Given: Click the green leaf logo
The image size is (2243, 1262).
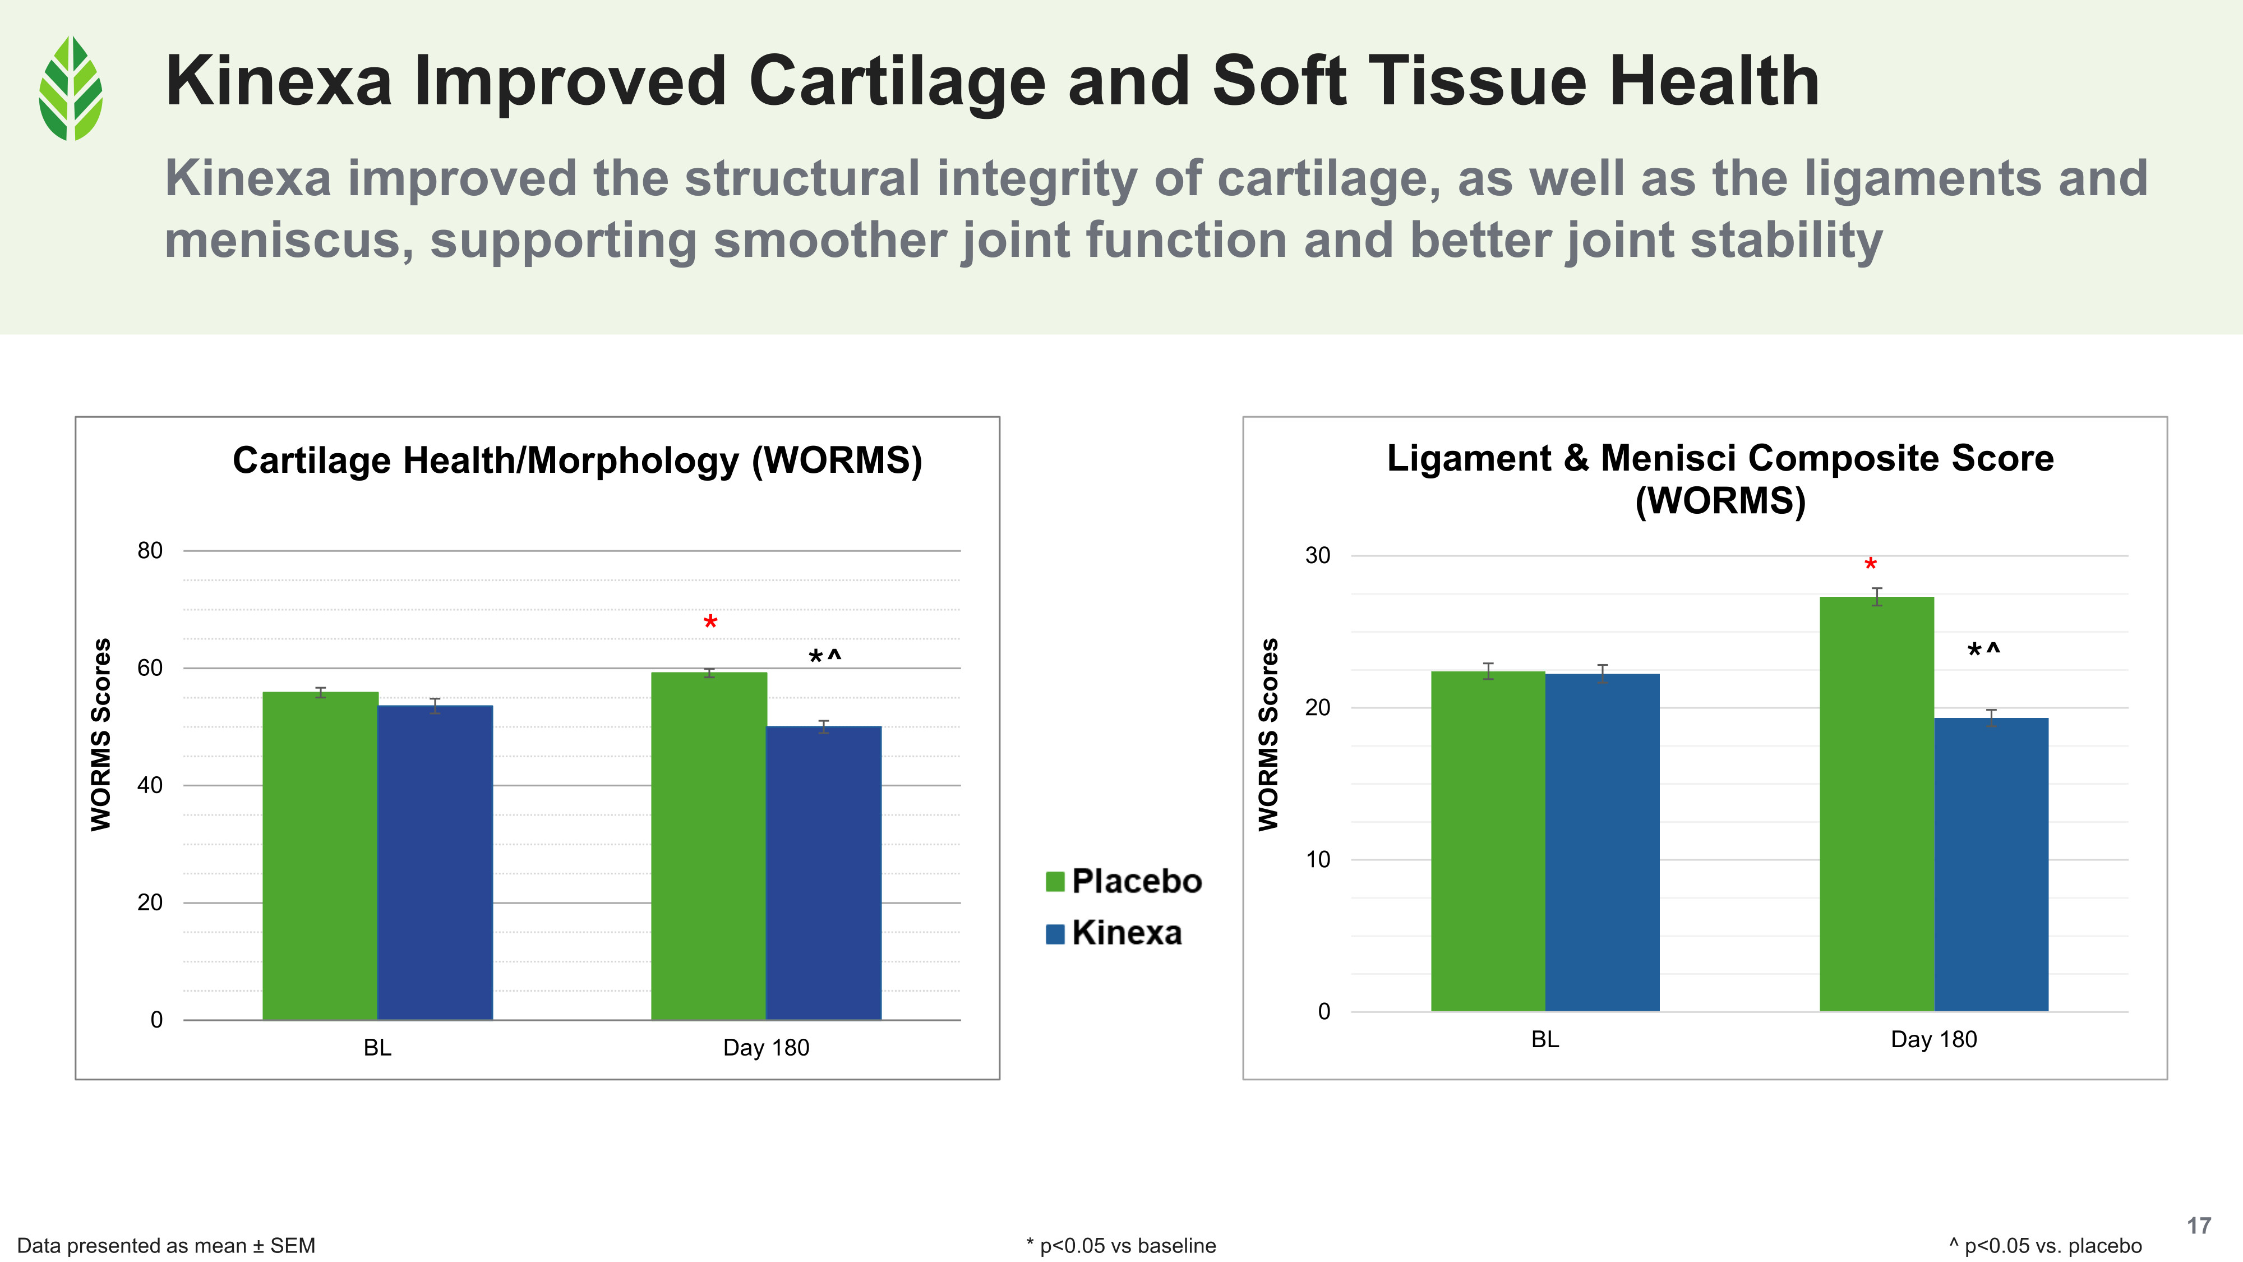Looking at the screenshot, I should point(71,88).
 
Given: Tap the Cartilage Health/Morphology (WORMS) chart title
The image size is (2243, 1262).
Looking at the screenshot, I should point(578,460).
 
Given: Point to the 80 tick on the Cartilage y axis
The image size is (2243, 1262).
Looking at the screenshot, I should point(150,550).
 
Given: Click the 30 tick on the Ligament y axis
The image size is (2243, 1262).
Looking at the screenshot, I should point(1317,556).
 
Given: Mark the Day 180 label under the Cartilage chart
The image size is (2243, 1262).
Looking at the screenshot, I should point(766,1048).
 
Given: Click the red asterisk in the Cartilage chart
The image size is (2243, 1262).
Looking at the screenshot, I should point(710,623).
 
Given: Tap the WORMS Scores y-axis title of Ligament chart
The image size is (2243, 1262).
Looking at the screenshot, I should point(1268,734).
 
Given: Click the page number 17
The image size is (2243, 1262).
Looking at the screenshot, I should point(2199,1226).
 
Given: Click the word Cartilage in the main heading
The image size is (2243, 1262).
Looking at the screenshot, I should point(897,81).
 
